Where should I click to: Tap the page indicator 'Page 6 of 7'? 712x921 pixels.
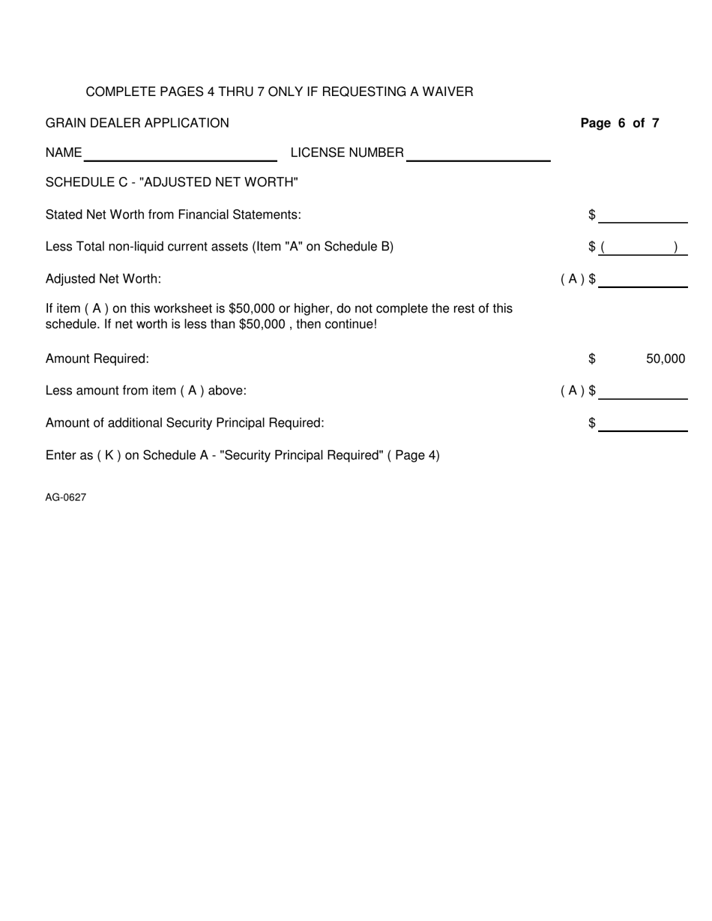[x=620, y=123]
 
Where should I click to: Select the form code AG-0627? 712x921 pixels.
[x=66, y=496]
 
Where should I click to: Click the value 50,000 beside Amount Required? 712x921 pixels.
[x=665, y=359]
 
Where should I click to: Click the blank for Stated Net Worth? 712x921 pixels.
[x=643, y=217]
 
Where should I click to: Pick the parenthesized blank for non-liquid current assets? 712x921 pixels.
[x=643, y=247]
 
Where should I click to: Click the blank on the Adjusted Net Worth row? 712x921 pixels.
[x=643, y=280]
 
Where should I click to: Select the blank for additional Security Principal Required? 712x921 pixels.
[x=643, y=424]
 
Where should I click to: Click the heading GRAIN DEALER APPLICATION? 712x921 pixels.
[x=137, y=123]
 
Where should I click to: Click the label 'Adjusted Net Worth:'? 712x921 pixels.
[x=103, y=279]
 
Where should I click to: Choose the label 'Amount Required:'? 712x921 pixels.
[x=97, y=359]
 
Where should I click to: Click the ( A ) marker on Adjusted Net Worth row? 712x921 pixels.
[x=573, y=279]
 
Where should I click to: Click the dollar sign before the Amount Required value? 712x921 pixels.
[x=592, y=359]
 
